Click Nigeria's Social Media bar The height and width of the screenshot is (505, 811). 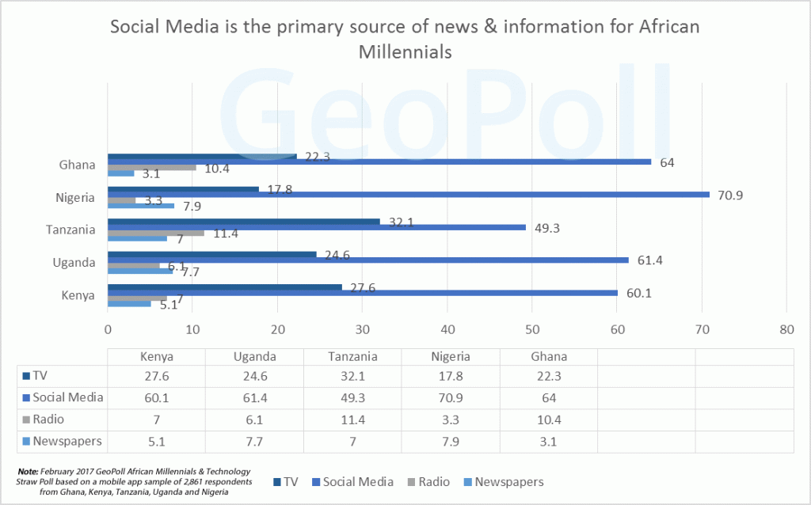(408, 195)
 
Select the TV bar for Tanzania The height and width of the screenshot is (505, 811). (243, 222)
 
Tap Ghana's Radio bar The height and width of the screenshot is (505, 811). (151, 168)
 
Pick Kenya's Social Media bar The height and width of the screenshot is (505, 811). (362, 293)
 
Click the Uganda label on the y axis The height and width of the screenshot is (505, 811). (78, 263)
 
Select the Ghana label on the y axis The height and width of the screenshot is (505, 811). (78, 165)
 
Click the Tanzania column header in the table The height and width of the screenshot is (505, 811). (352, 356)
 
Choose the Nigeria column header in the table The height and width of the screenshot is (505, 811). (451, 356)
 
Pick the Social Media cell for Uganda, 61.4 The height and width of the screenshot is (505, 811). (254, 397)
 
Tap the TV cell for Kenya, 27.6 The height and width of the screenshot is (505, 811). (157, 376)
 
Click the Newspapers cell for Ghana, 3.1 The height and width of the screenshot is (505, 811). (548, 441)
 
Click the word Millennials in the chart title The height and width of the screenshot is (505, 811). (405, 52)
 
